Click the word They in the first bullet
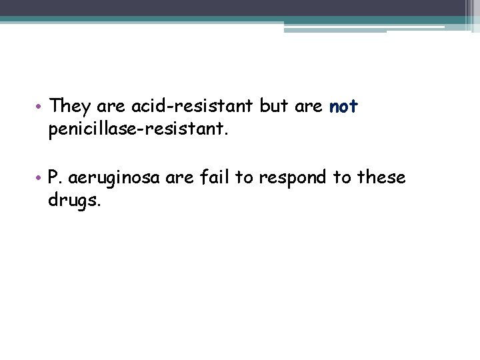point(71,106)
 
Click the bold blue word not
point(344,106)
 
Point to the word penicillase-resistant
point(138,129)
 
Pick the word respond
point(292,179)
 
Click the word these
point(381,178)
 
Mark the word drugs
point(73,201)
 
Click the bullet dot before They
point(40,107)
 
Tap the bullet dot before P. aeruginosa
point(40,179)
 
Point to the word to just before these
point(341,178)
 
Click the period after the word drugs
point(99,205)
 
